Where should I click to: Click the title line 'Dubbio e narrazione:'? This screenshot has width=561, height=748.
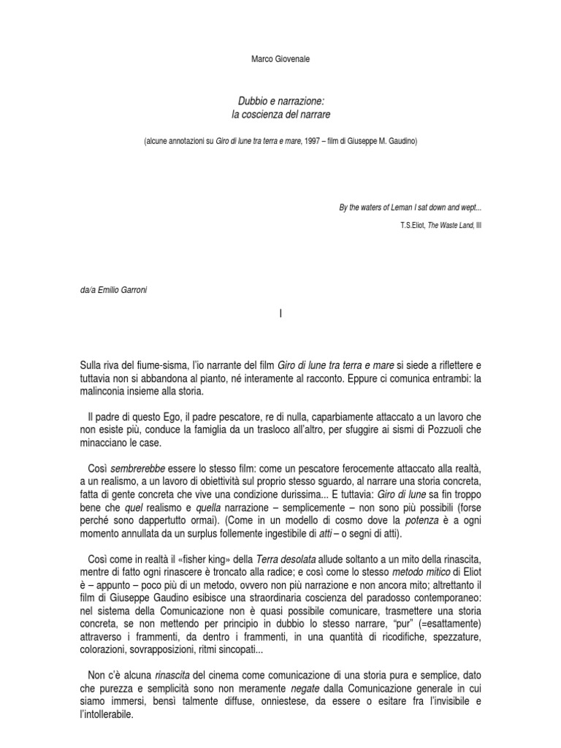(x=280, y=104)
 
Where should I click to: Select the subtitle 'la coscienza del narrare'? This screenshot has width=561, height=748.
(x=280, y=116)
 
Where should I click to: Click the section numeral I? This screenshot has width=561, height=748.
(x=280, y=314)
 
